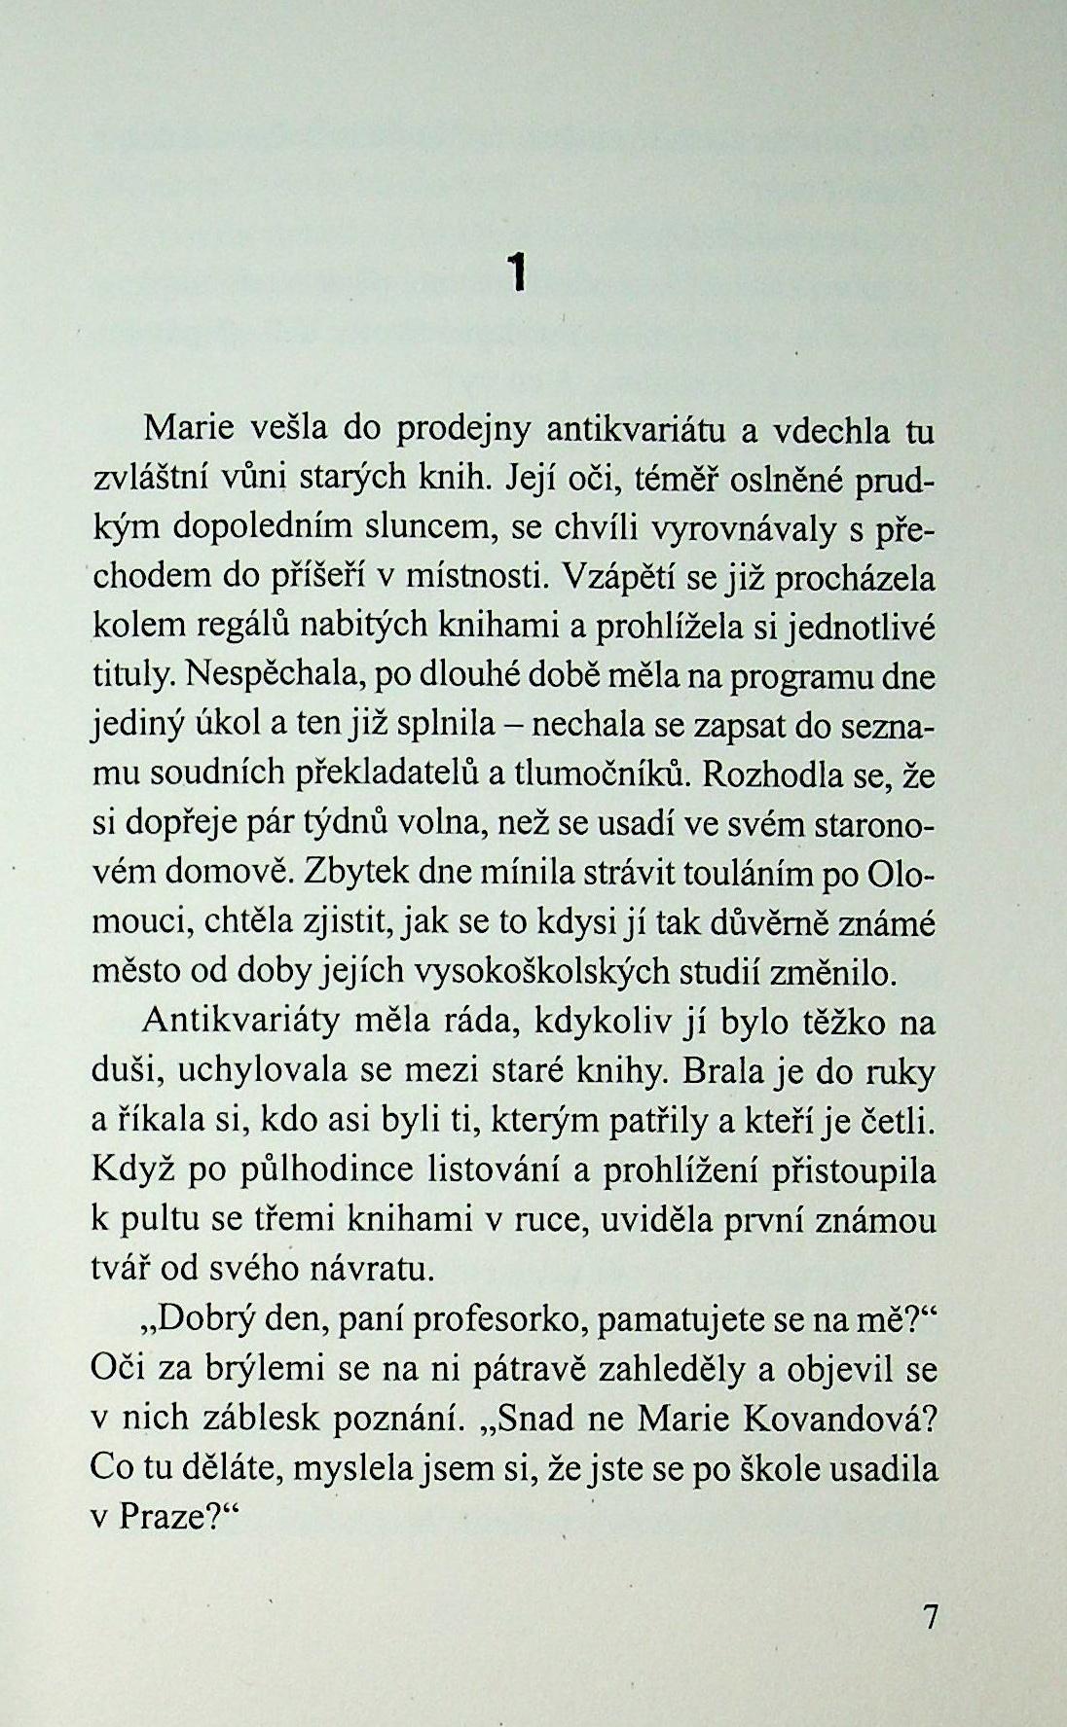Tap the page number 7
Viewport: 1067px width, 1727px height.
tap(930, 1617)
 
